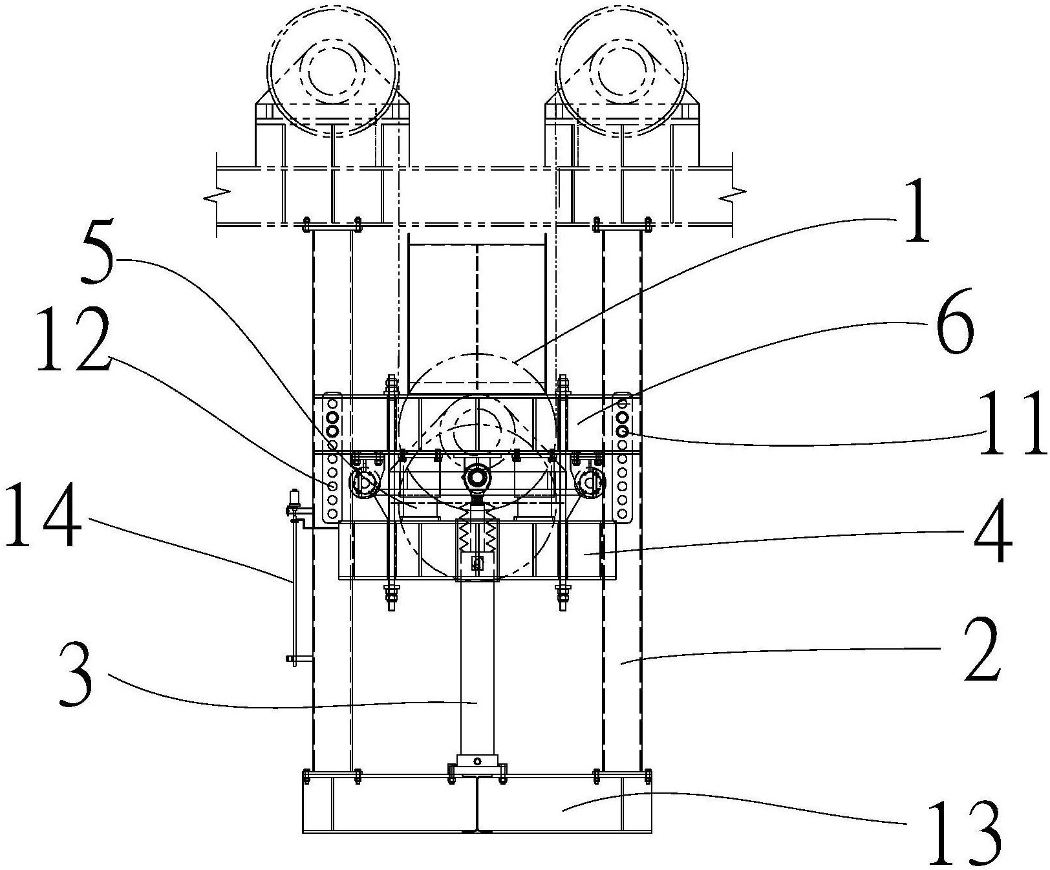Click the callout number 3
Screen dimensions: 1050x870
(x=76, y=678)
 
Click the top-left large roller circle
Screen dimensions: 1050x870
(x=334, y=71)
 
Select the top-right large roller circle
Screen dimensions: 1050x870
(x=621, y=71)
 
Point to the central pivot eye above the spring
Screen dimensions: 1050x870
(x=477, y=478)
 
